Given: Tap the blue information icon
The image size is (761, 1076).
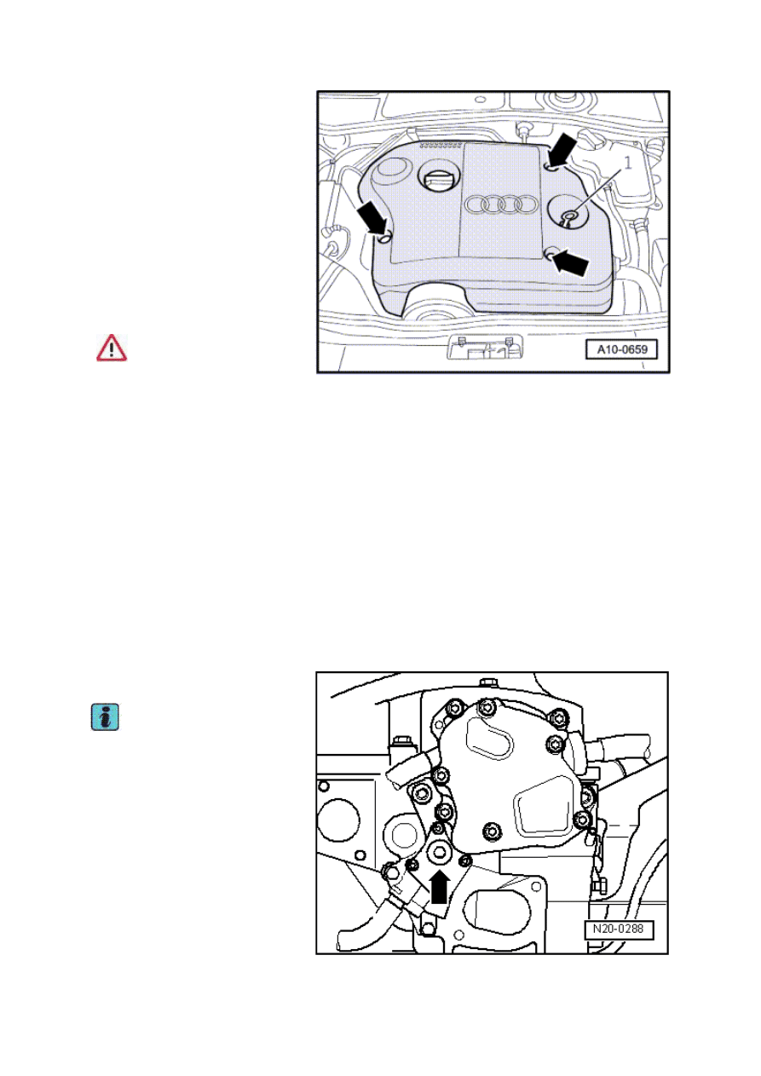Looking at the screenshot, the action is coord(105,717).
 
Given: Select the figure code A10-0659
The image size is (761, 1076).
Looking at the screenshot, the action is coord(622,349).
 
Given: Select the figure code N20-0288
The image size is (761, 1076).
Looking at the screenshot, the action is coord(619,929).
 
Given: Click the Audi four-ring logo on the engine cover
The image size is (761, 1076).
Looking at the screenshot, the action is coord(500,204).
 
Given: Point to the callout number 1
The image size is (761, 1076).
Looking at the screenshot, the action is coord(628,164).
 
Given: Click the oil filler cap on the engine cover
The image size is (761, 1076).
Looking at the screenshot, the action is coord(439,179).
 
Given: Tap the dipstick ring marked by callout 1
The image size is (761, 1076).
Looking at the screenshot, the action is coord(570,216).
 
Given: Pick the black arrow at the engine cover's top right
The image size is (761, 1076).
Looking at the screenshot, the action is coord(562,149).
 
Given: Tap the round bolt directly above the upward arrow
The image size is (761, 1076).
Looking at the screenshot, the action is coord(439,853).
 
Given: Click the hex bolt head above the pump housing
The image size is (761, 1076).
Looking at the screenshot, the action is coord(488,682).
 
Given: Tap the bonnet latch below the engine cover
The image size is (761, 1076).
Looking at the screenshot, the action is coord(485,348).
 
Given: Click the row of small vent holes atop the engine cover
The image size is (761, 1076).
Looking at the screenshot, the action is coord(441,145).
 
